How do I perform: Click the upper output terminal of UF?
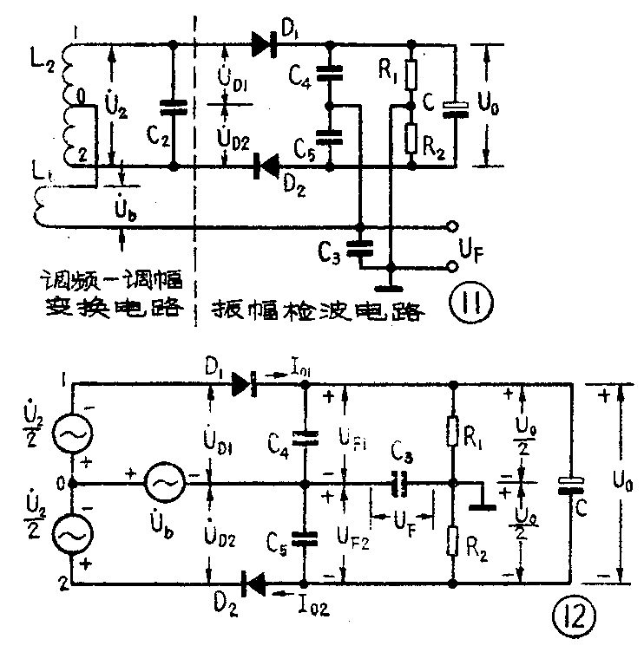click(x=450, y=229)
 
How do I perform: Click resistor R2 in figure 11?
click(x=413, y=136)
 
